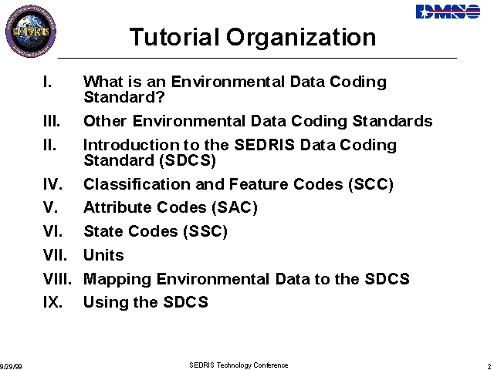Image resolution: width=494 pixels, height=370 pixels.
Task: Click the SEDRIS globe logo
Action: click(x=31, y=31)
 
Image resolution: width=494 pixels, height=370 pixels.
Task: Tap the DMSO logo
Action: click(x=448, y=12)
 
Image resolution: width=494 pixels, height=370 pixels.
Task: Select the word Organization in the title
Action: click(x=301, y=38)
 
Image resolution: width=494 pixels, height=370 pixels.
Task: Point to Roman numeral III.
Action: click(x=52, y=121)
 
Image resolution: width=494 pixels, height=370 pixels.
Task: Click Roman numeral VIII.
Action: click(x=57, y=279)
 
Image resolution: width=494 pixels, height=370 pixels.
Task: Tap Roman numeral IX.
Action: click(x=52, y=302)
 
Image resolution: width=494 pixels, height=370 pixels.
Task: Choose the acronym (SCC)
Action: click(x=370, y=184)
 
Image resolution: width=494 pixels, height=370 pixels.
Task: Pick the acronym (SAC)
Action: click(x=235, y=207)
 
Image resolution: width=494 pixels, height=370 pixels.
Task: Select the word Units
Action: click(x=103, y=255)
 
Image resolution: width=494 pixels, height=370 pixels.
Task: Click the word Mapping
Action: click(x=117, y=280)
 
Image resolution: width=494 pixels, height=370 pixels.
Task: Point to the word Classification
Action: click(x=137, y=184)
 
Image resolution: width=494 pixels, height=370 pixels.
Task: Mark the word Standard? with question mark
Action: click(x=124, y=97)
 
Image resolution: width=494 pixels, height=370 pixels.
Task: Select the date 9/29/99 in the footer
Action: click(x=11, y=367)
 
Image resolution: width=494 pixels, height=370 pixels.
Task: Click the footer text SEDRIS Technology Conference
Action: click(x=239, y=365)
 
